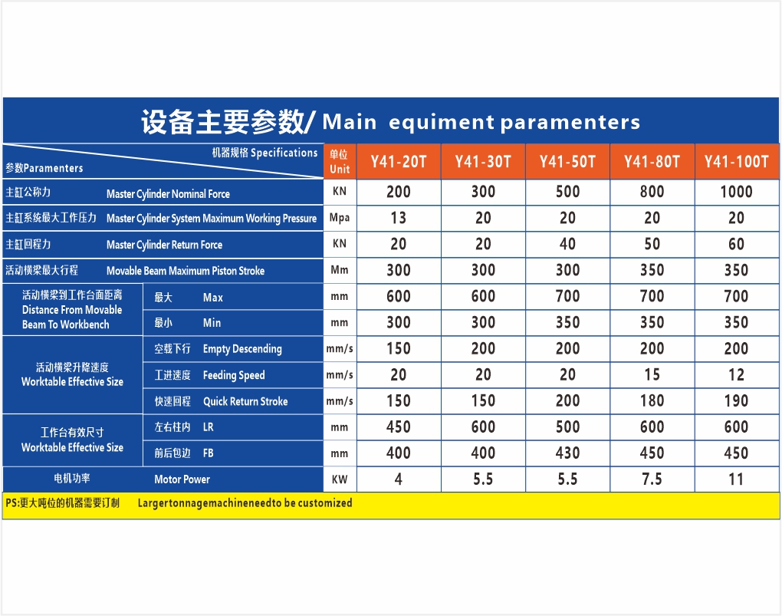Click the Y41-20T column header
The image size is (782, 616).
[399, 162]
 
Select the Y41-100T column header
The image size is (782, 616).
[737, 162]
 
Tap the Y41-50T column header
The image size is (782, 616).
[567, 162]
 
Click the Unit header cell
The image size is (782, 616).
[340, 162]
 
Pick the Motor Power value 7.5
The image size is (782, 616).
[652, 479]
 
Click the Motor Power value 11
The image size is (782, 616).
[736, 479]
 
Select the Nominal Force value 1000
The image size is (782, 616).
[736, 192]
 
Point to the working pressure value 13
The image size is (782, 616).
[399, 218]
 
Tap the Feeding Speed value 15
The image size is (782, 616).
[652, 375]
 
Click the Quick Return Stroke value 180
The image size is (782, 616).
[652, 401]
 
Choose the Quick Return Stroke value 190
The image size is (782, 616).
[736, 401]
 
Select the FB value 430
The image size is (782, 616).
[567, 453]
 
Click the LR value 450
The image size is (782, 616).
[399, 427]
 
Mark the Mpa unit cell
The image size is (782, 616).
[340, 218]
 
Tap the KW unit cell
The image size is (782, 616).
[340, 479]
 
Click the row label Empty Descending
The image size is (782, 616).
[242, 349]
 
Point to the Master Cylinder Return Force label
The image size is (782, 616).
[165, 245]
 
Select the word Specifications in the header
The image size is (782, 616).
[284, 153]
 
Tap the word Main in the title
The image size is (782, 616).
[349, 122]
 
